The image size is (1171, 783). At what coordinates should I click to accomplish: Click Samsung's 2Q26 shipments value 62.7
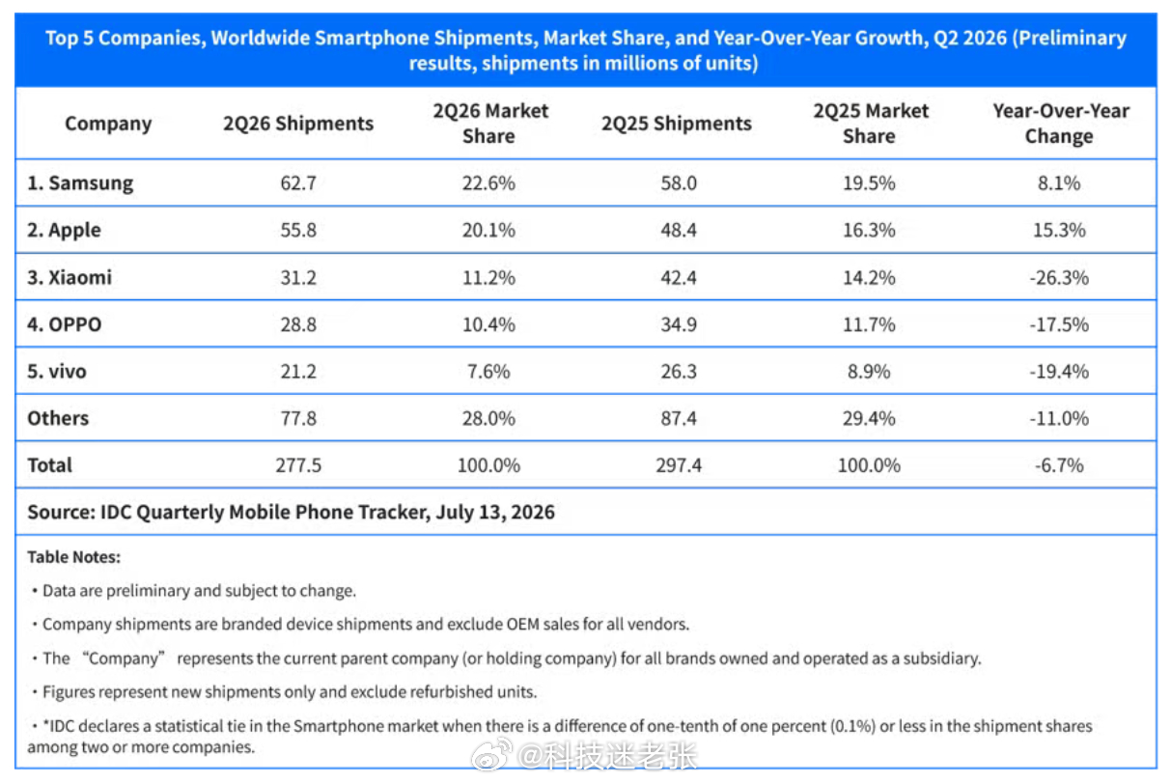[x=298, y=182]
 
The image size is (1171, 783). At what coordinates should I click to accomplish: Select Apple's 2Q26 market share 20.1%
[x=488, y=230]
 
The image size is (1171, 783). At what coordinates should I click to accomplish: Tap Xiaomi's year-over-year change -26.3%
[x=1059, y=277]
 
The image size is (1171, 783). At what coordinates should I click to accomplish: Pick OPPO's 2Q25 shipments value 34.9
[x=679, y=324]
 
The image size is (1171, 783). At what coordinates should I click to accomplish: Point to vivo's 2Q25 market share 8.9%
[x=869, y=371]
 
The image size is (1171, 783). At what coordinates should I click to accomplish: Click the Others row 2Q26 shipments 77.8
[x=298, y=418]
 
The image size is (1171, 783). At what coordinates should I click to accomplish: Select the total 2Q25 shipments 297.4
[x=679, y=465]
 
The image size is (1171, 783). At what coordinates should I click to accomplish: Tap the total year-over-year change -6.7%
[x=1059, y=465]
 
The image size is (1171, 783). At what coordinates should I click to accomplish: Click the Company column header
[x=108, y=124]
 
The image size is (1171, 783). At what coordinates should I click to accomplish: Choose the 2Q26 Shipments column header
[x=298, y=124]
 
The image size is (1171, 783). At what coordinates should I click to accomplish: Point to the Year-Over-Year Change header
[x=1060, y=124]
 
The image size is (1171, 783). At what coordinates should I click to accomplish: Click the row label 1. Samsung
[x=80, y=183]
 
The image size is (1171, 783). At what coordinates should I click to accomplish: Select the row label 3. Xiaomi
[x=70, y=277]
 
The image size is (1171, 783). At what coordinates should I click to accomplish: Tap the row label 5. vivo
[x=56, y=371]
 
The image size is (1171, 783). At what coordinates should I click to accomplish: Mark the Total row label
[x=49, y=465]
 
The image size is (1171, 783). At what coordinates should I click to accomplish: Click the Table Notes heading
[x=73, y=557]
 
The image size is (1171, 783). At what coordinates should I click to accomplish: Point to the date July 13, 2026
[x=494, y=513]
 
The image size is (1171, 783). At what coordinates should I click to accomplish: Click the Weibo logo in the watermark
[x=491, y=754]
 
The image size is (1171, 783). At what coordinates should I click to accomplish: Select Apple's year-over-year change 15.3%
[x=1059, y=230]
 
